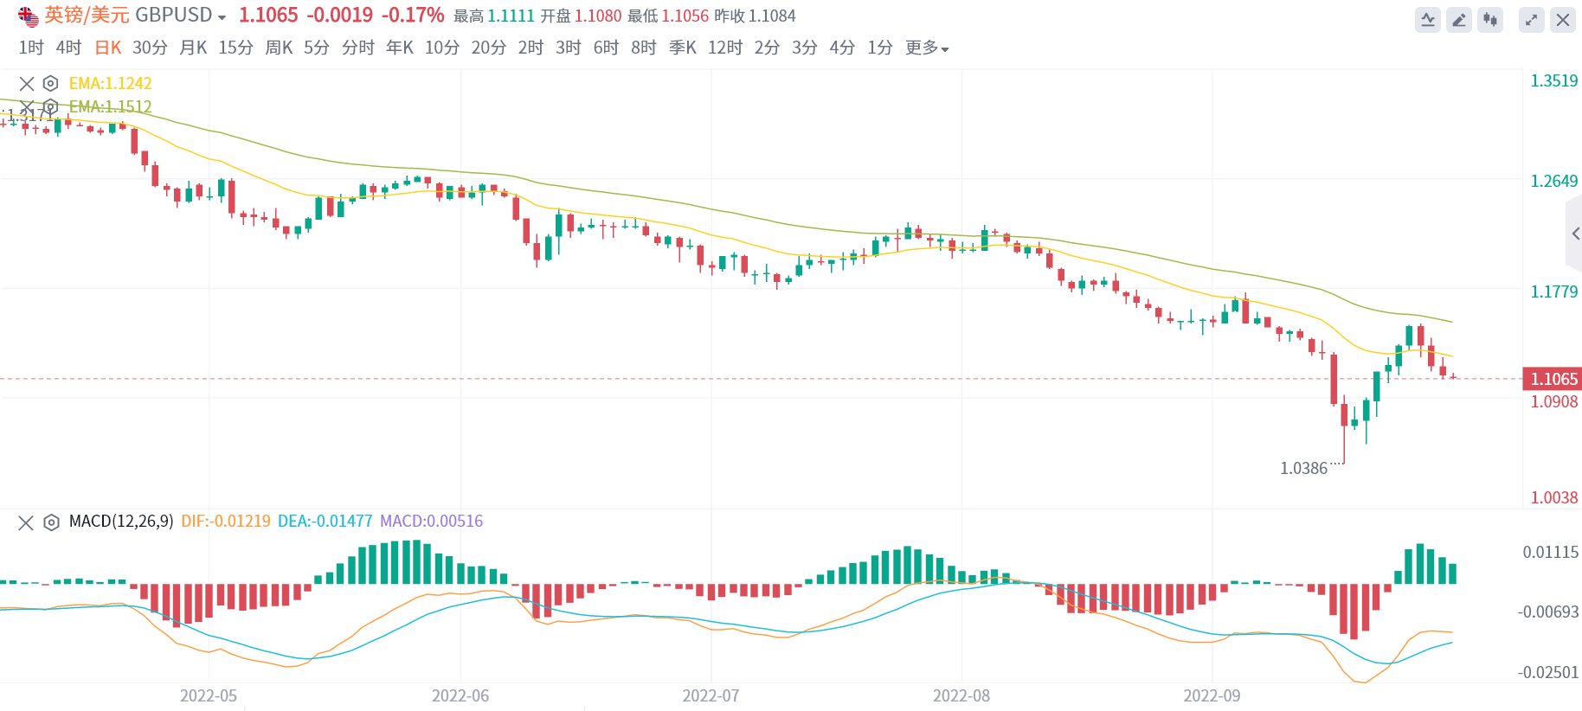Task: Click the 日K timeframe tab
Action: [x=108, y=48]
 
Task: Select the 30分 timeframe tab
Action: [x=150, y=48]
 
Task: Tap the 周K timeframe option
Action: [x=279, y=48]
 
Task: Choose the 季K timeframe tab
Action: [x=683, y=48]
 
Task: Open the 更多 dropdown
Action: [x=927, y=48]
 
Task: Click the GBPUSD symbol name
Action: [x=174, y=16]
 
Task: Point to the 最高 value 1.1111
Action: [x=511, y=16]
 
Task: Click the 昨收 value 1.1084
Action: [x=772, y=16]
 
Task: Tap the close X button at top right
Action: [x=1562, y=20]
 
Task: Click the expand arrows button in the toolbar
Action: [x=1531, y=20]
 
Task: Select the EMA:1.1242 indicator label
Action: [x=111, y=84]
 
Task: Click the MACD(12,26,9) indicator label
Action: [x=121, y=522]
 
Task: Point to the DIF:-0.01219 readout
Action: [x=226, y=522]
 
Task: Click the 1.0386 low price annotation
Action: [x=1303, y=469]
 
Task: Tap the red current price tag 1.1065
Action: [x=1553, y=379]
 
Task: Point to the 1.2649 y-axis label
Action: [x=1554, y=182]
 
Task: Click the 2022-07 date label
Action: [x=711, y=696]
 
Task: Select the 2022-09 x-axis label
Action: [x=1212, y=696]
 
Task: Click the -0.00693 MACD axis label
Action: [x=1548, y=612]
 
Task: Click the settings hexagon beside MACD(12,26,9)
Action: [x=52, y=522]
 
